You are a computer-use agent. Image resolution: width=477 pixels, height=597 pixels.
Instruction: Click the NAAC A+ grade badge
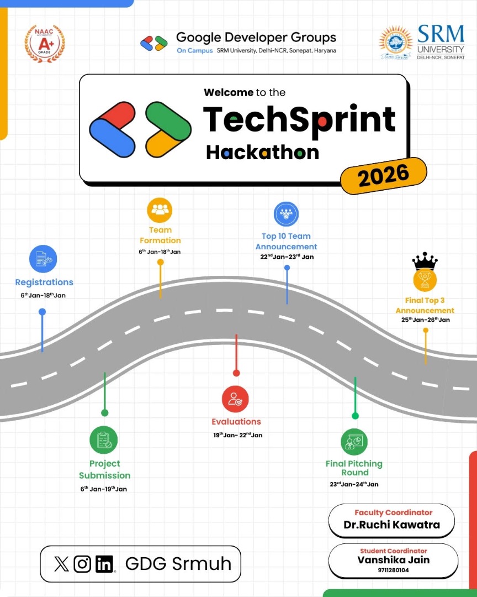[45, 44]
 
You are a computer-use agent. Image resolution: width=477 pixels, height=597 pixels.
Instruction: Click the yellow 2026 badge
[384, 176]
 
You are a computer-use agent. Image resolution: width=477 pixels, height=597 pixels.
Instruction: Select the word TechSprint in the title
[299, 118]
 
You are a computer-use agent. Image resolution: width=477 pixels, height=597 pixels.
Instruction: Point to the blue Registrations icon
[43, 259]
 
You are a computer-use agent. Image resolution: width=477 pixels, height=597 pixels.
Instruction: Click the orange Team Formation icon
[160, 210]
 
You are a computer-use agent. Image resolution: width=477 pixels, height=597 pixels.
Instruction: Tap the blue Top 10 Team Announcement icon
[286, 214]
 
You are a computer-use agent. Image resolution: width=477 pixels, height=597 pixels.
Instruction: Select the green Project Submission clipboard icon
[104, 440]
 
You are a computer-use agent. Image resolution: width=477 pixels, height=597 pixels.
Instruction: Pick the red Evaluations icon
[236, 399]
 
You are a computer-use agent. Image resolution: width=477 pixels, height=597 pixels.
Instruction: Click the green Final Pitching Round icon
[354, 442]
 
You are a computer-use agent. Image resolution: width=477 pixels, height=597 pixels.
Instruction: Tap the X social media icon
[62, 564]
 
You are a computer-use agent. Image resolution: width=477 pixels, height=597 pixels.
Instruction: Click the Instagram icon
[82, 564]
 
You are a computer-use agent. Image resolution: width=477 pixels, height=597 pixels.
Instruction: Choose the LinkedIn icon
[104, 564]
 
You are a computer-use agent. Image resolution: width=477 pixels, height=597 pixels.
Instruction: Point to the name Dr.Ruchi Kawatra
[391, 525]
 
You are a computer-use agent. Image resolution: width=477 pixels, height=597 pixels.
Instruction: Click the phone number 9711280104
[393, 570]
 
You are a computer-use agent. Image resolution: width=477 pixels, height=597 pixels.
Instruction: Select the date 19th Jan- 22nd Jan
[238, 435]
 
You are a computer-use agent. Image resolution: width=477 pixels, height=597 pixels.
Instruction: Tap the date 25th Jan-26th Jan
[425, 320]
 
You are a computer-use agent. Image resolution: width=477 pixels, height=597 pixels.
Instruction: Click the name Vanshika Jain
[393, 560]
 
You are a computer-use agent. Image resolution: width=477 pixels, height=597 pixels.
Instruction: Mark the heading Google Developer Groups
[256, 38]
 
